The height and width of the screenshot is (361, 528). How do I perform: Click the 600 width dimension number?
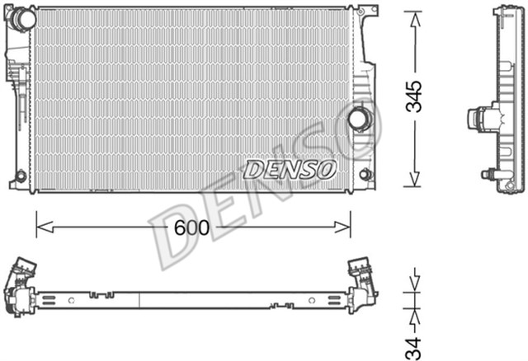(192, 227)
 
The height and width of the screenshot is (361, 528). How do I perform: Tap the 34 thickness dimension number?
(415, 340)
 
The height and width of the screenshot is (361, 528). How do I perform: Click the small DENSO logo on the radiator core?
(290, 169)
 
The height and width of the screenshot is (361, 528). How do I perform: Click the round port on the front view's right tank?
(359, 118)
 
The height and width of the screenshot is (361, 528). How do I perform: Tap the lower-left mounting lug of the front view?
(21, 176)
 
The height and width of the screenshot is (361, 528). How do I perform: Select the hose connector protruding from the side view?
(478, 120)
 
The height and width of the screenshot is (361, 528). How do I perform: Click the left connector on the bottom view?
(20, 284)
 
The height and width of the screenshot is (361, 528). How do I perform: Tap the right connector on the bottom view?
(363, 280)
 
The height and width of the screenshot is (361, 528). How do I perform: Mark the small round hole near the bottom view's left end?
(73, 298)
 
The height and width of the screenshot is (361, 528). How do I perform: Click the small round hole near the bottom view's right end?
(311, 298)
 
